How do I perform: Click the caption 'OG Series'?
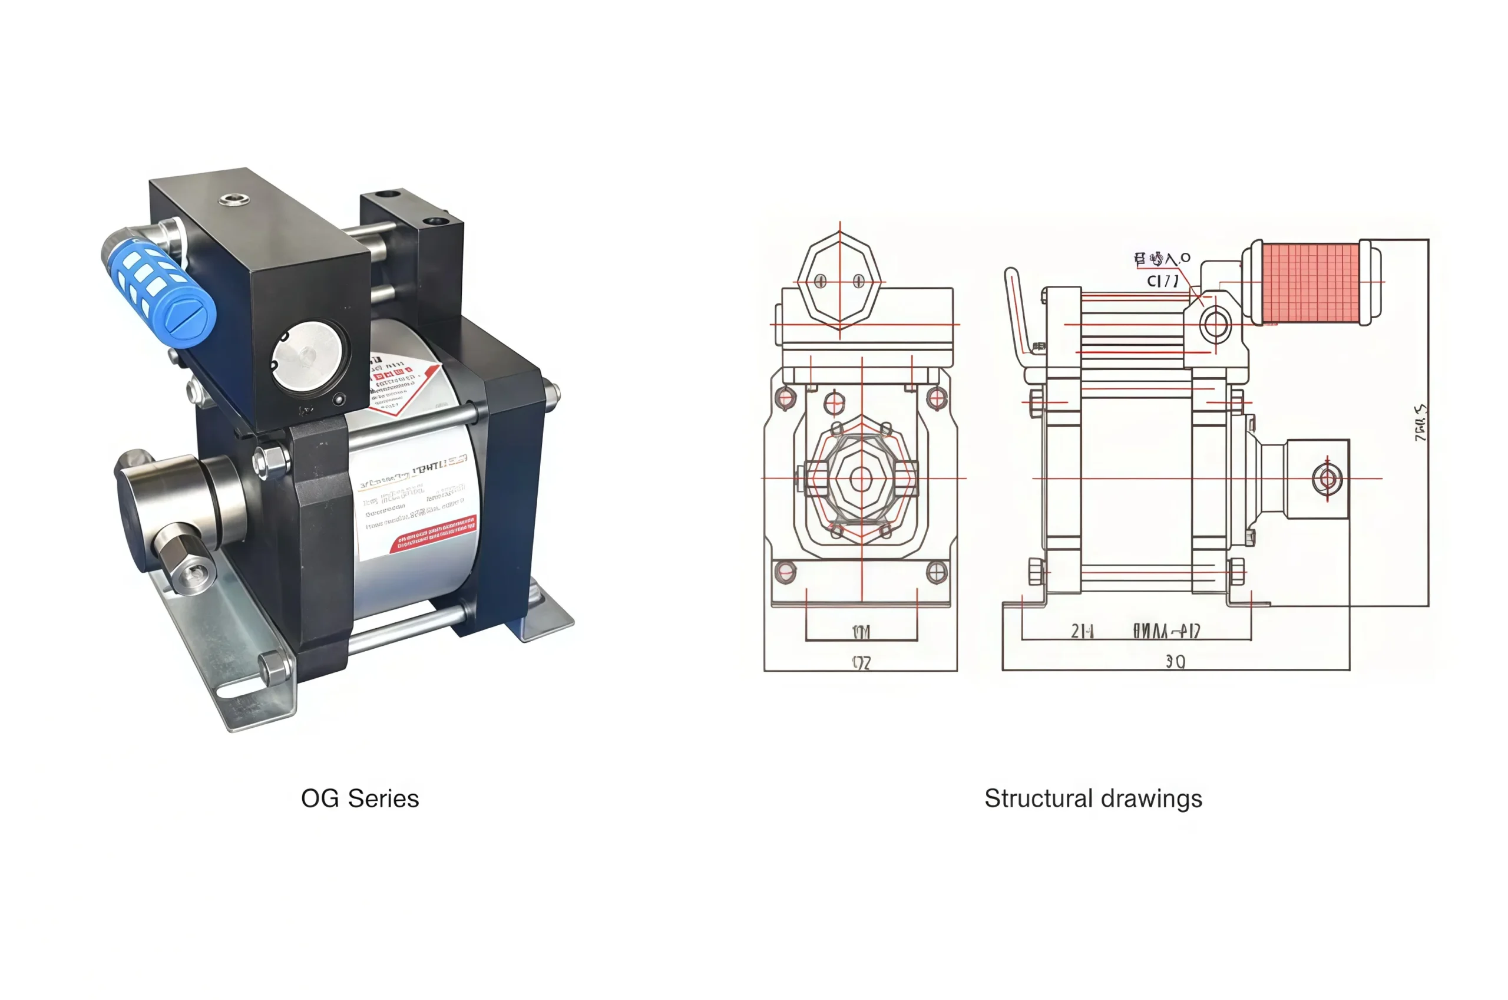point(359,798)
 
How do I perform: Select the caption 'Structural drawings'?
point(1093,798)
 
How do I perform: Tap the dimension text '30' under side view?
point(1175,662)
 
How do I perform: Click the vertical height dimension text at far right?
point(1420,422)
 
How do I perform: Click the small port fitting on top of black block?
point(233,200)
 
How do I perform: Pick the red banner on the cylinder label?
point(434,534)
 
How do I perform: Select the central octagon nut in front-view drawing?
point(861,478)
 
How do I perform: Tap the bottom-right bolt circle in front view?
point(935,572)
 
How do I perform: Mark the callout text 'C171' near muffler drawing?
point(1162,280)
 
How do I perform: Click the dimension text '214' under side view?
point(1082,631)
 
